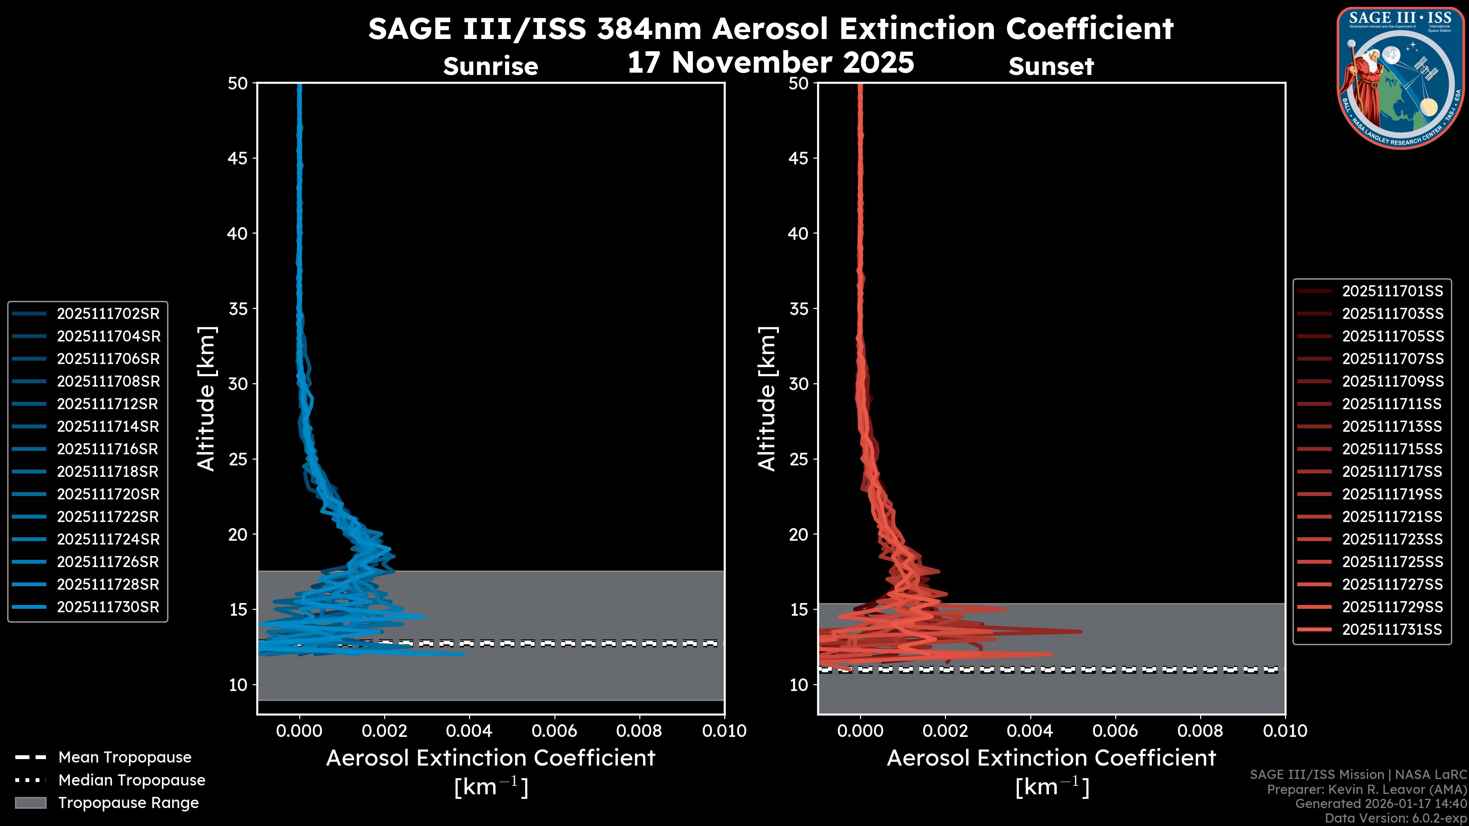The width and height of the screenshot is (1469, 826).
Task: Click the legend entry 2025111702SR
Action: click(x=108, y=314)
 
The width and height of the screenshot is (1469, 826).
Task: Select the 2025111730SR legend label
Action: click(x=108, y=606)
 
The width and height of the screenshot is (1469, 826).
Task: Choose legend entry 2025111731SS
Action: click(x=1392, y=629)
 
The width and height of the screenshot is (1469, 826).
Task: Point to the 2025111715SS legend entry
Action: click(x=1392, y=449)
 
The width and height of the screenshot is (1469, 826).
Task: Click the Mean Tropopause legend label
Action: click(x=125, y=757)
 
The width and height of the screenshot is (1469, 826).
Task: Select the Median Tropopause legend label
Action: click(x=132, y=780)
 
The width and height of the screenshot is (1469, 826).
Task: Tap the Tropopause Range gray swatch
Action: click(x=30, y=803)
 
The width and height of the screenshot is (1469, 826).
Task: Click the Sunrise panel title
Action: click(x=490, y=67)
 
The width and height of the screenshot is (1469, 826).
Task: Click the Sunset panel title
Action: click(x=1051, y=67)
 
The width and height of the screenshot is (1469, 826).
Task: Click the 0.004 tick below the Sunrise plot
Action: click(x=469, y=731)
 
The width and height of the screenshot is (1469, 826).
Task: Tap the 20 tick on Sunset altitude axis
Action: click(x=798, y=534)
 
